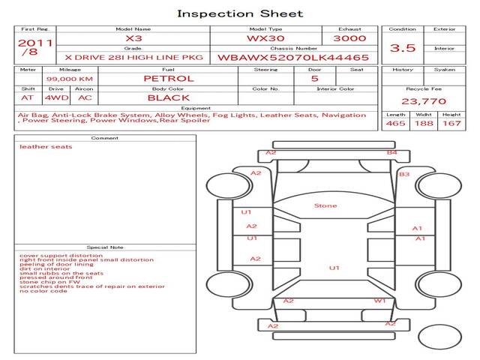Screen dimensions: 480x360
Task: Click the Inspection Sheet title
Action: (240, 13)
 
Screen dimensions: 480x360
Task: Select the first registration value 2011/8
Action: (35, 47)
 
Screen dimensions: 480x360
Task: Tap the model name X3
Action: (133, 38)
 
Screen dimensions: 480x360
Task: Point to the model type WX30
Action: (265, 38)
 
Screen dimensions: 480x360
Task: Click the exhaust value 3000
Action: (349, 38)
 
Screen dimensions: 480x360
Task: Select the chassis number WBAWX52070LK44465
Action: (293, 58)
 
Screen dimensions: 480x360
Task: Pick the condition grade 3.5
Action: (403, 48)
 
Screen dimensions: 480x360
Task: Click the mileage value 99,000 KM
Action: (70, 79)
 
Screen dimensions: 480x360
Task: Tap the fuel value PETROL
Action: (169, 79)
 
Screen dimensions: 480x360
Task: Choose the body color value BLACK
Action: (169, 98)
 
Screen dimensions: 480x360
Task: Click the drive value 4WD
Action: (57, 98)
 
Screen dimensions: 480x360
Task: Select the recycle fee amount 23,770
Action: (424, 101)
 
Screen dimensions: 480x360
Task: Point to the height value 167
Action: (451, 123)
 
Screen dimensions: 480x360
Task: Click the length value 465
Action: (395, 123)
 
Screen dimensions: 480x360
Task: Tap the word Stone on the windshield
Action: (325, 205)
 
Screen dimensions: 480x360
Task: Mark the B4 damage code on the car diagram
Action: (391, 152)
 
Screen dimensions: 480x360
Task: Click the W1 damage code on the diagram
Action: (379, 301)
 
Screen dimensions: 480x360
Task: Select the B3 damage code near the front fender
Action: (404, 174)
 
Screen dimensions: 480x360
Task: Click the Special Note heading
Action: (105, 247)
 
